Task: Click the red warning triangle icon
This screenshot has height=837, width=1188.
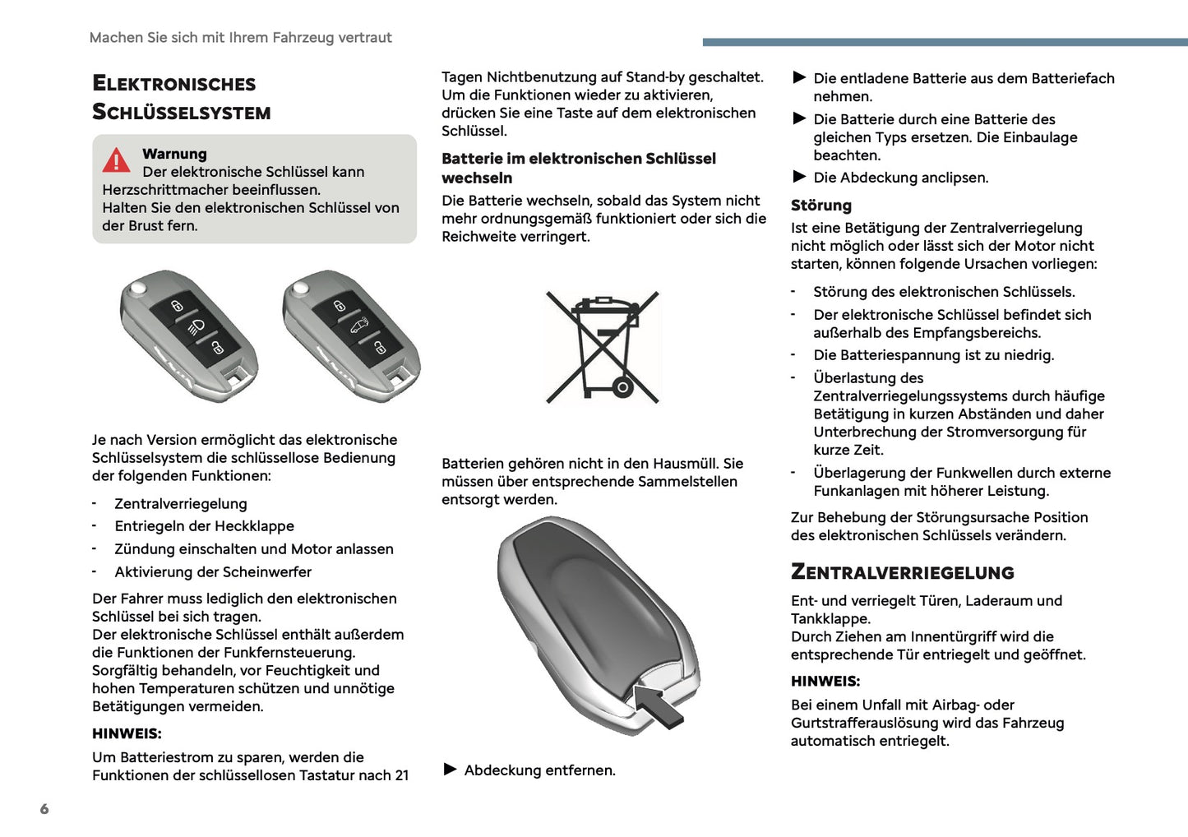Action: (116, 160)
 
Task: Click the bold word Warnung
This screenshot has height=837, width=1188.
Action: (174, 154)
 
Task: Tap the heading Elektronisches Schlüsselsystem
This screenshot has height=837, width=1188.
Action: (181, 97)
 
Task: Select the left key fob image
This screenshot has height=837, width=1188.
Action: (188, 335)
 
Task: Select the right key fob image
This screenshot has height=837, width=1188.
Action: (351, 335)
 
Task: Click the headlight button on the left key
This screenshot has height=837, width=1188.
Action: (196, 326)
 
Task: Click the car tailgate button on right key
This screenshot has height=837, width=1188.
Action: (359, 326)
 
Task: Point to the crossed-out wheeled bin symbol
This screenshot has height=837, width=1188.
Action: (603, 347)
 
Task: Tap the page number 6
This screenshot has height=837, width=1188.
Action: (44, 809)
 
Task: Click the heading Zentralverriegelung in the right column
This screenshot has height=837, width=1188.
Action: (902, 572)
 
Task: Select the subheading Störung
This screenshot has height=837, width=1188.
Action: (821, 206)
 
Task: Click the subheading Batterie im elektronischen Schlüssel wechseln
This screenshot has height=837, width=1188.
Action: (578, 168)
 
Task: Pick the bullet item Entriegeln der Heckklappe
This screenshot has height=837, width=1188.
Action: (204, 526)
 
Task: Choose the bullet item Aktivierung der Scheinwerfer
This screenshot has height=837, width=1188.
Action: (213, 572)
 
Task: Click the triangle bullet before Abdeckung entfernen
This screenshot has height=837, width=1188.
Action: (450, 770)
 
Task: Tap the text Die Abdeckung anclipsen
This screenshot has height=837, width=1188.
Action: (900, 178)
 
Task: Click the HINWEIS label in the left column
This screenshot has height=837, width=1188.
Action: (127, 733)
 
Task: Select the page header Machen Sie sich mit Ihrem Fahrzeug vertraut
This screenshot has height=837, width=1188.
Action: (240, 38)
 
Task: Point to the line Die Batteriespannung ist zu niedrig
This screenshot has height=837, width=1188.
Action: (933, 355)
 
